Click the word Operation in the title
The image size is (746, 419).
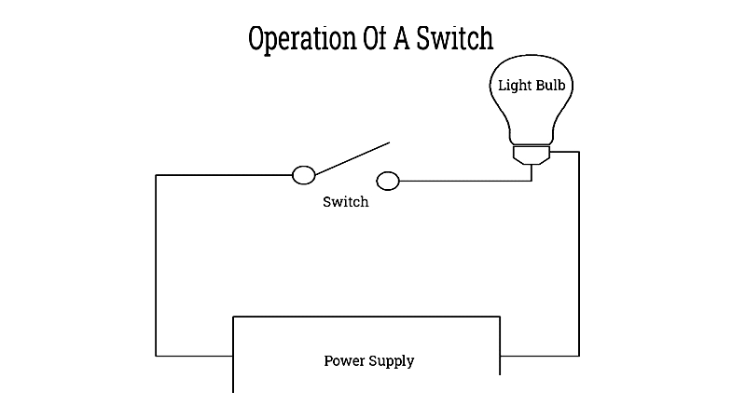pos(302,39)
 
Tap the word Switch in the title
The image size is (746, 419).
pos(455,38)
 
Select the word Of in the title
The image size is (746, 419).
pos(375,38)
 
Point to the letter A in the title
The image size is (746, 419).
pos(401,38)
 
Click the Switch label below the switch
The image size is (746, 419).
pos(346,202)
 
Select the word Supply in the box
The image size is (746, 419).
pos(392,361)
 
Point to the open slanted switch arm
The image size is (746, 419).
pos(352,158)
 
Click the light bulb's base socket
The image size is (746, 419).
pos(532,155)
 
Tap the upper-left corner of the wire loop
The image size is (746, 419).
pos(156,175)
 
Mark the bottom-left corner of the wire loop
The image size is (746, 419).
pos(156,356)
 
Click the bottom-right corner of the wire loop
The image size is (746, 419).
pos(579,356)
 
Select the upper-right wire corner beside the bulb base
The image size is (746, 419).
pos(579,152)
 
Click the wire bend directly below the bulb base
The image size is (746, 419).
pos(532,181)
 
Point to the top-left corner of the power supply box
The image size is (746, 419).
pos(233,317)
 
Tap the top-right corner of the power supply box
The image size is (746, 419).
pos(500,317)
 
